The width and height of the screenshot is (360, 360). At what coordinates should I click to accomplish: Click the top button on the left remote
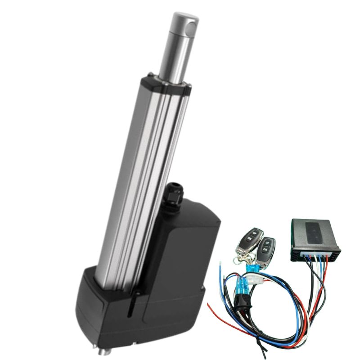pyautogui.click(x=255, y=234)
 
